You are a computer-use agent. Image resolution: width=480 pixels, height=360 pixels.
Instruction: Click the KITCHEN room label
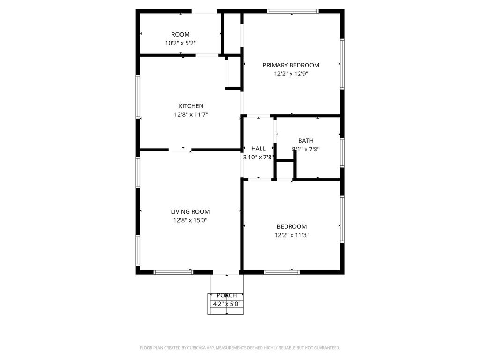pos(191,106)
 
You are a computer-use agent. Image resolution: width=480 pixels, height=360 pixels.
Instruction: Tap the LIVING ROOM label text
pos(190,211)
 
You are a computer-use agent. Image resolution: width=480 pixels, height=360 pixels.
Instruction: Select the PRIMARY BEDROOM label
pos(291,65)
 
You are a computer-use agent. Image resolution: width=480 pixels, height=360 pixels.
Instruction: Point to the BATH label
pos(306,141)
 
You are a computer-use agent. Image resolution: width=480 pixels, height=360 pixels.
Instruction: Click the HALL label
pos(258,149)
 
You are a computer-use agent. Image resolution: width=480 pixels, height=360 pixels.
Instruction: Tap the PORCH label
pos(227,295)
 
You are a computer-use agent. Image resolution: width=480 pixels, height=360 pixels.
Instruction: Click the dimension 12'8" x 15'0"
pos(190,220)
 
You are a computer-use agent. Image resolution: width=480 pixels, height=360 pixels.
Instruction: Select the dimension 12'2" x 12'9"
pos(291,74)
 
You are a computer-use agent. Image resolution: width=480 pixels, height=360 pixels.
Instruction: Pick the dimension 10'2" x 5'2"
pos(180,43)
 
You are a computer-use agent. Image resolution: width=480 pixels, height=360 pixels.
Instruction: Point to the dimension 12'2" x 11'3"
pos(292,235)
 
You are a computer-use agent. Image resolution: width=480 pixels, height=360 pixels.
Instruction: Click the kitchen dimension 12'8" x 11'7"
pos(191,114)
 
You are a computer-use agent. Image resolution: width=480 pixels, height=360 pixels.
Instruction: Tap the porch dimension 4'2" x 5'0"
pos(227,304)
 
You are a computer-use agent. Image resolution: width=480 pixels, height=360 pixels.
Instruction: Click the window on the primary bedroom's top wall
pos(292,11)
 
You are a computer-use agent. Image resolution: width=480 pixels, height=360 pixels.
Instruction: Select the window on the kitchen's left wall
pos(138,97)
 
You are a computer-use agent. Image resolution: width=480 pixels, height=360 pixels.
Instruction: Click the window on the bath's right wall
pos(342,152)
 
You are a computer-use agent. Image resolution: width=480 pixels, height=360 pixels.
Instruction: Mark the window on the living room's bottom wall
pos(173,272)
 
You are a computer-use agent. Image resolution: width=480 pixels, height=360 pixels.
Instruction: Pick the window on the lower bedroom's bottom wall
pos(282,272)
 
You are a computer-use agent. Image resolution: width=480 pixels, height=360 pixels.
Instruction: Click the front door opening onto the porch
pos(226,272)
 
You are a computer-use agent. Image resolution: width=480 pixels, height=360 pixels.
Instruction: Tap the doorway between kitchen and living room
pos(180,150)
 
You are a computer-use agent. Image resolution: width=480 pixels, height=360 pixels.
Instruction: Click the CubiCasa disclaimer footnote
pos(240,348)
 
